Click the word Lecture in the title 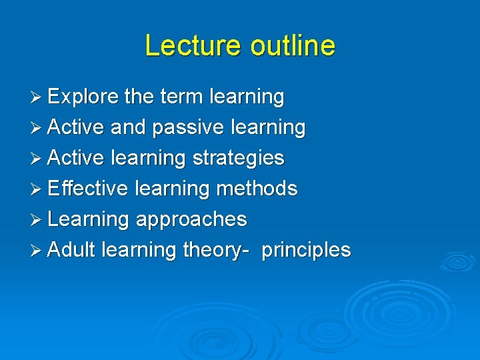point(193,45)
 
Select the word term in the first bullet point(182,97)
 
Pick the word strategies point(238,158)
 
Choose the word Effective point(87,189)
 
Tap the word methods point(256,189)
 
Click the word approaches point(191,219)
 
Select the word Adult point(72,250)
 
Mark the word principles point(306,250)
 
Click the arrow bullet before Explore point(37,97)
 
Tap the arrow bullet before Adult point(37,251)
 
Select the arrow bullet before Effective point(37,189)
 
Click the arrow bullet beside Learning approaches point(37,220)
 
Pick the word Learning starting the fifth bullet point(89,219)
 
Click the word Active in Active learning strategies point(77,158)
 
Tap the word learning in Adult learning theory point(139,250)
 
